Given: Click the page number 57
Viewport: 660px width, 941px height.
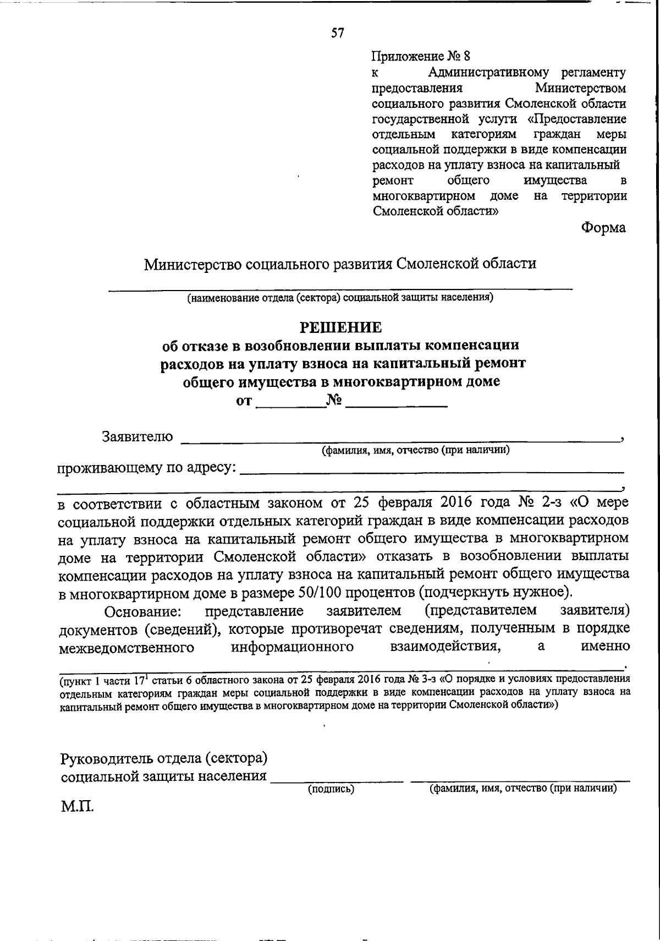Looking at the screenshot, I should (337, 33).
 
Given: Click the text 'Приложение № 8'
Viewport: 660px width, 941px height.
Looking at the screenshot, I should (422, 56).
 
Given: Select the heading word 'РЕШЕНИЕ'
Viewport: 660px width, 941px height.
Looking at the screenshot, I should (340, 328).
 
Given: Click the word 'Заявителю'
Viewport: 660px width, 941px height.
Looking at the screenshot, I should (137, 437).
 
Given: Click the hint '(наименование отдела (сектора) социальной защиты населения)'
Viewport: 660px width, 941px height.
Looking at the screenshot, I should (340, 298).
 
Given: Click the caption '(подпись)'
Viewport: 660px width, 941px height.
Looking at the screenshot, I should (331, 789).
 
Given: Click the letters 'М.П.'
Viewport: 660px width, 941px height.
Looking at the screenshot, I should (77, 807).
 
